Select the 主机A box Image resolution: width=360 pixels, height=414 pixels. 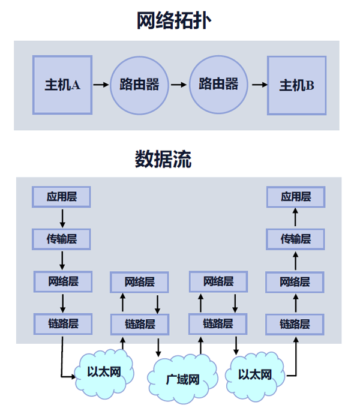pyautogui.click(x=62, y=85)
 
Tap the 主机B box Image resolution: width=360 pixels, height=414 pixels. pyautogui.click(x=296, y=85)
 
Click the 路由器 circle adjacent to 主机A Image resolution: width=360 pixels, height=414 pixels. pyautogui.click(x=140, y=85)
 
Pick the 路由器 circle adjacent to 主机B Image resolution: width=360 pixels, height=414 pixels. pyautogui.click(x=218, y=85)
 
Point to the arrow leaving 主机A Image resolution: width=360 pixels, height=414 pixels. pyautogui.click(x=101, y=85)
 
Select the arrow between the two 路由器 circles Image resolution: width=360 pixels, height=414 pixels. pyautogui.click(x=179, y=85)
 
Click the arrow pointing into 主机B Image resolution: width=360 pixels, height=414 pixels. pyautogui.click(x=259, y=85)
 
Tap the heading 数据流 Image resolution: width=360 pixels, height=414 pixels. pyautogui.click(x=163, y=160)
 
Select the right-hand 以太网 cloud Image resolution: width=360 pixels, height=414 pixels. pyautogui.click(x=254, y=374)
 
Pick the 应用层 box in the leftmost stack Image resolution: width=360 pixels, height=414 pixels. pyautogui.click(x=62, y=197)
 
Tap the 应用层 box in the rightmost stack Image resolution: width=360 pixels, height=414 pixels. pyautogui.click(x=296, y=197)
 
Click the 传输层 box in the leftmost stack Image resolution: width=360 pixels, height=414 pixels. pyautogui.click(x=62, y=239)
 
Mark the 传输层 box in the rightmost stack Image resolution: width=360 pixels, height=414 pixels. pyautogui.click(x=296, y=239)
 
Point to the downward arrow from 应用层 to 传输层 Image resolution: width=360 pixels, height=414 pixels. pyautogui.click(x=62, y=217)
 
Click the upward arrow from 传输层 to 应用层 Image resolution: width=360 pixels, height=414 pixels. pyautogui.click(x=296, y=217)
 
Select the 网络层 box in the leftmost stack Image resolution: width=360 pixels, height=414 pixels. pyautogui.click(x=62, y=281)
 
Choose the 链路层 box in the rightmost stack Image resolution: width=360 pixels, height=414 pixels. pyautogui.click(x=296, y=324)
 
